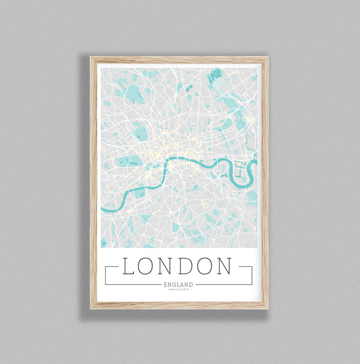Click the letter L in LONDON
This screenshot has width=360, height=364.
click(128, 266)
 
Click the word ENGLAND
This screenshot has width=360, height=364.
click(178, 284)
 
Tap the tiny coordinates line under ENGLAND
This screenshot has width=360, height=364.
click(178, 290)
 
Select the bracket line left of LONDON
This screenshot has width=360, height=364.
click(106, 275)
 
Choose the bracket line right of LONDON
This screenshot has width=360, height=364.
click(251, 275)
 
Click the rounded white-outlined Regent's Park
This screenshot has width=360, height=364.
click(142, 133)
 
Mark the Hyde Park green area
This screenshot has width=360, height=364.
click(129, 161)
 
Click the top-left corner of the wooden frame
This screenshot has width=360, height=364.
click(91, 58)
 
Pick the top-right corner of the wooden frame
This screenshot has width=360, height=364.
click(268, 58)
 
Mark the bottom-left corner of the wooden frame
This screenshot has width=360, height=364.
click(91, 308)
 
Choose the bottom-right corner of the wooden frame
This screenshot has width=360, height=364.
click(268, 308)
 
